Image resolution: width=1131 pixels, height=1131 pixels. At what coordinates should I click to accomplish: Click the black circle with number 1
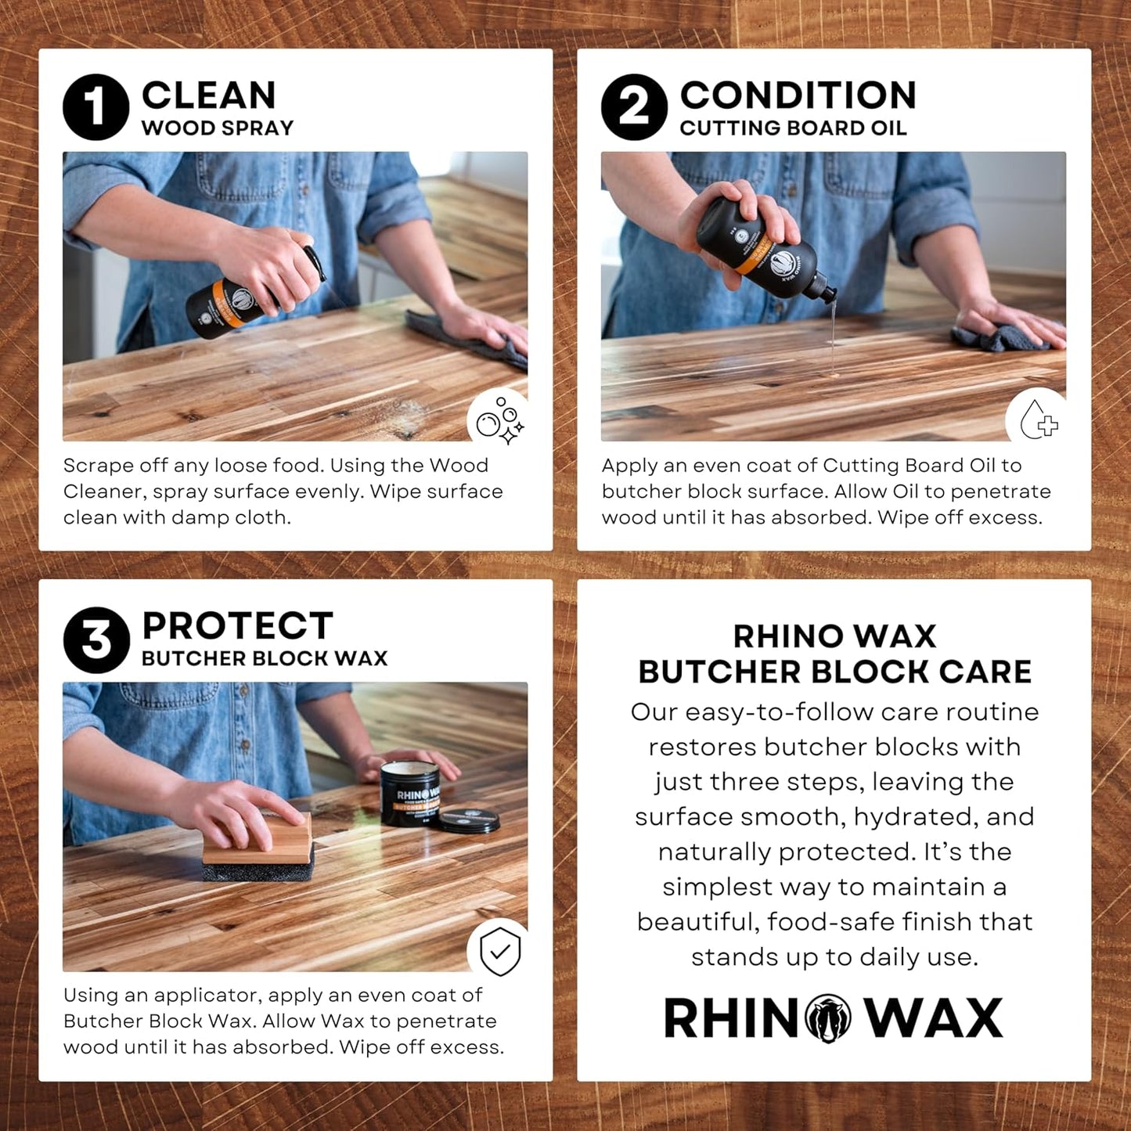(95, 107)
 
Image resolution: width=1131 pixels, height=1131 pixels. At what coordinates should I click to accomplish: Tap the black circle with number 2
(634, 107)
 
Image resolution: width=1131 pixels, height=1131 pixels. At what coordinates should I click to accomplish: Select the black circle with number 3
(96, 639)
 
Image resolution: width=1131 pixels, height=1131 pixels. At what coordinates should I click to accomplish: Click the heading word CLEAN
(209, 95)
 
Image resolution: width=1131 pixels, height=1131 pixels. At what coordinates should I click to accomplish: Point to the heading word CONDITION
(798, 95)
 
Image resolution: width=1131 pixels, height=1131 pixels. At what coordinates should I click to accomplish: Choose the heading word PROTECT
(237, 626)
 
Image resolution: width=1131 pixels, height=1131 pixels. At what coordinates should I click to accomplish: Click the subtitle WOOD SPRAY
(218, 128)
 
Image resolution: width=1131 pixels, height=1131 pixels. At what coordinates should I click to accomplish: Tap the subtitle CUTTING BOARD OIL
(793, 128)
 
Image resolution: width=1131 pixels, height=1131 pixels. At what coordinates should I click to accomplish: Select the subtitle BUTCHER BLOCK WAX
(265, 659)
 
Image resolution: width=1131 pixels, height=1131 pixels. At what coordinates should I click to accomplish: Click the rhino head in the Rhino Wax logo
(828, 1018)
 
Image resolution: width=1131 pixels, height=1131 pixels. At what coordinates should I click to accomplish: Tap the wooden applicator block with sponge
(258, 849)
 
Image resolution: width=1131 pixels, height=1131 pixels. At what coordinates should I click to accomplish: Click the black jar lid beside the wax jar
(469, 821)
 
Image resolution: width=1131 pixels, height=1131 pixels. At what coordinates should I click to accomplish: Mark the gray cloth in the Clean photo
(470, 337)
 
